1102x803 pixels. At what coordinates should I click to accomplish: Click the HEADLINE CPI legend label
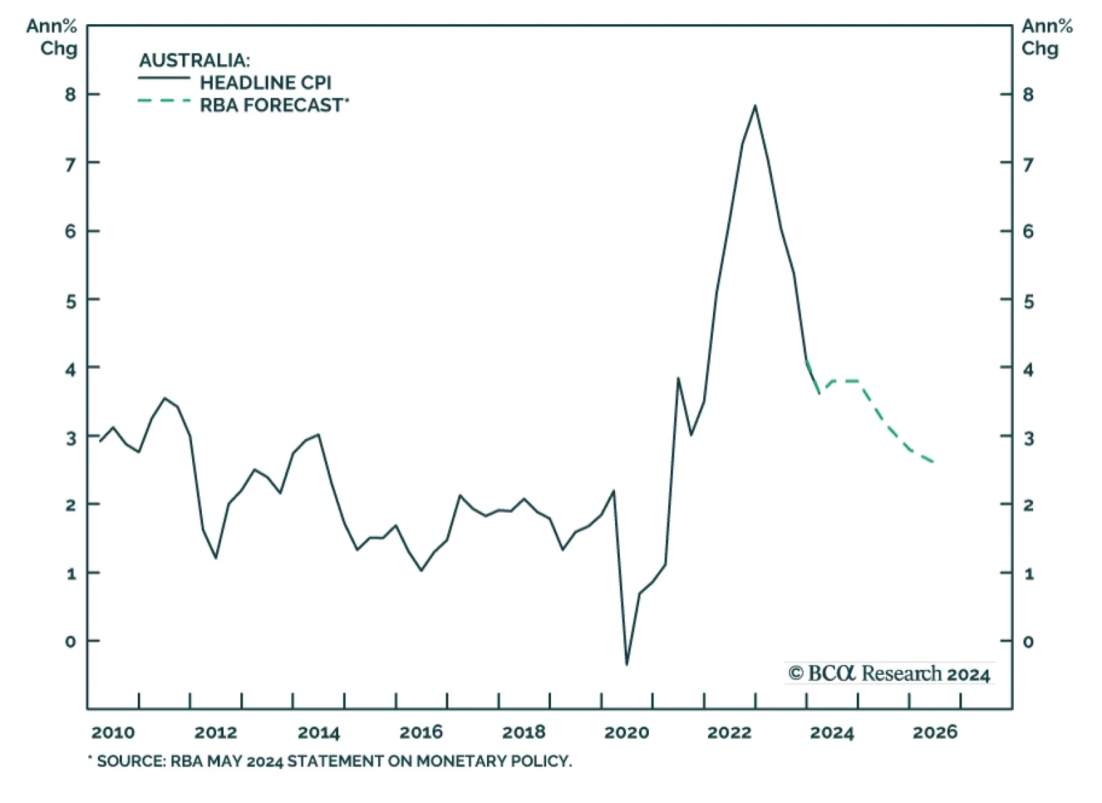pos(265,83)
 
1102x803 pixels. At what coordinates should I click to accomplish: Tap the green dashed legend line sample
pos(164,101)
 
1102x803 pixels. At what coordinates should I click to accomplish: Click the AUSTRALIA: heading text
pos(194,60)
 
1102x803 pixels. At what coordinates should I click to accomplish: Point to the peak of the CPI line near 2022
pos(755,105)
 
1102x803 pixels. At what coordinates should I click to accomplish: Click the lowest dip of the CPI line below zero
pos(627,664)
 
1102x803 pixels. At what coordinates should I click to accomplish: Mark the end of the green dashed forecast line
pos(933,462)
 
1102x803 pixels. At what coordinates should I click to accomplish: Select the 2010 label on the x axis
pos(113,732)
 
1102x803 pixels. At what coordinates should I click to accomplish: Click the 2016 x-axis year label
pos(421,732)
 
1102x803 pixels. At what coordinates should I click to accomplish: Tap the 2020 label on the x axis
pos(626,732)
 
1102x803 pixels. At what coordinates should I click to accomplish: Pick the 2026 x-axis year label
pos(935,732)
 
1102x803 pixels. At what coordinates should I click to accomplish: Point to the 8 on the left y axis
pos(70,94)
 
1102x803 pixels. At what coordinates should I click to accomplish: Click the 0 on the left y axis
pos(70,642)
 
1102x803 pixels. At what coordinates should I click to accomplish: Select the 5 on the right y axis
pos(1028,301)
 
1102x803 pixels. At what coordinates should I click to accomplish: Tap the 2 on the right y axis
pos(1028,505)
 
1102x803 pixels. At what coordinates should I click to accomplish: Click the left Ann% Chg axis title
pos(52,37)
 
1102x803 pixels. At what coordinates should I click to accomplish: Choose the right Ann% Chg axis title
pos(1046,37)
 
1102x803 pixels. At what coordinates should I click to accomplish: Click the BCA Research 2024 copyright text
pos(889,673)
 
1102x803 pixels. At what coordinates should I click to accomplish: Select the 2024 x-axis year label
pos(831,732)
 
